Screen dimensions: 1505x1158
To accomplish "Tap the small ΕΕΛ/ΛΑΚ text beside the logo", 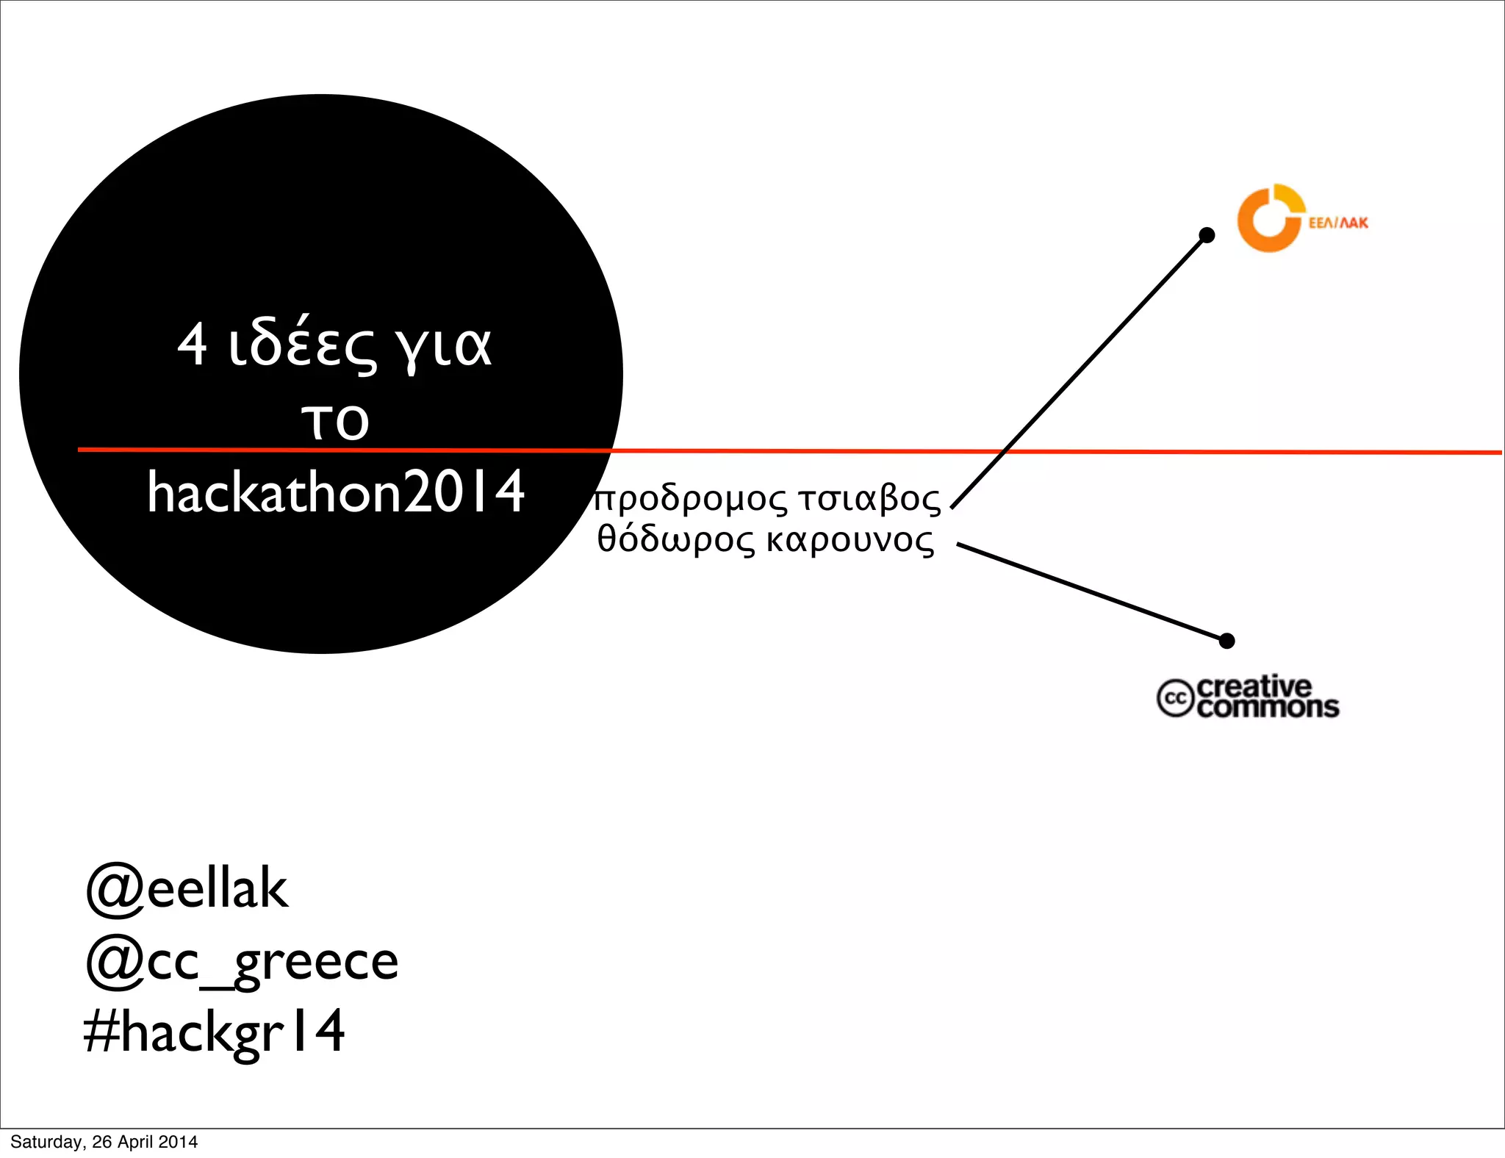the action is [1337, 223].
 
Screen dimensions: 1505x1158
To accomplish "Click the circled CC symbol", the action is [1175, 698].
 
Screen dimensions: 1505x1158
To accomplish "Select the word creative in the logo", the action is [1254, 687].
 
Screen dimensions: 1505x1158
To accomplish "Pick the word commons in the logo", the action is [1268, 708].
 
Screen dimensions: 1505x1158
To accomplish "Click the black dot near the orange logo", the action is [1207, 235].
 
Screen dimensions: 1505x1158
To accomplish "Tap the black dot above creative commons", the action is [1226, 641].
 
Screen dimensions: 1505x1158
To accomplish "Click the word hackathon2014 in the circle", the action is [336, 492].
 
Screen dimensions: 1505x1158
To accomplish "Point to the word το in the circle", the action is [335, 420].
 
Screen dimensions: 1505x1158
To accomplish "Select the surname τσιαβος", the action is [870, 500].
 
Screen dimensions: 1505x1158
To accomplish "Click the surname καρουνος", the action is [850, 541].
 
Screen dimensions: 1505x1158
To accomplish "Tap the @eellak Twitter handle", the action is [187, 889].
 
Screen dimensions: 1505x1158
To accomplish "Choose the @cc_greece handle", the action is [243, 961].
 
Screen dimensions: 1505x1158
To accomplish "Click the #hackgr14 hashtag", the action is [214, 1032].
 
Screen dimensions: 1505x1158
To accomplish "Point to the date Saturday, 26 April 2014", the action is [104, 1142].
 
